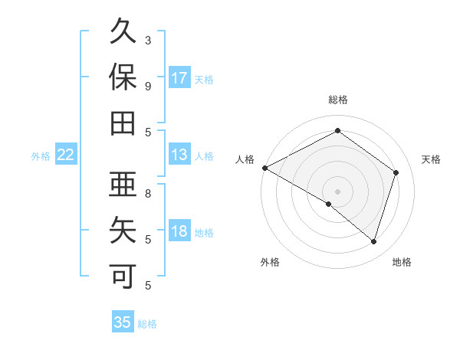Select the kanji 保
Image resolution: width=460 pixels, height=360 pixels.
click(x=123, y=78)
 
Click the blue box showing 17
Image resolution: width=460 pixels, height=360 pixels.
click(x=179, y=78)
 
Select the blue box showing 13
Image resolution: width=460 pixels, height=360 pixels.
click(x=179, y=155)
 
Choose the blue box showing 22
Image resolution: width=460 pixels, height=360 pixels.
click(x=66, y=155)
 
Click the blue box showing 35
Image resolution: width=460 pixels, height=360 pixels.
click(x=123, y=322)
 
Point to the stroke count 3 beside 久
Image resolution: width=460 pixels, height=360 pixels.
click(x=147, y=39)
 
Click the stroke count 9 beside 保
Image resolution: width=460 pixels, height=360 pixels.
click(x=147, y=85)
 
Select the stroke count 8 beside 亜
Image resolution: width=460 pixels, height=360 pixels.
click(x=147, y=194)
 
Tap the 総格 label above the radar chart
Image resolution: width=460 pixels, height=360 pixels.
click(x=338, y=100)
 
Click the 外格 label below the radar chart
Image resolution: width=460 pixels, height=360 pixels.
click(x=270, y=263)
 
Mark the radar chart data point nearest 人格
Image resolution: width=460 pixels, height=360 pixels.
click(x=264, y=168)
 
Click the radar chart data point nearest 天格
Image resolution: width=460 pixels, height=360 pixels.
click(x=396, y=172)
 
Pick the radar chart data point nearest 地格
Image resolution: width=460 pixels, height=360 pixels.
click(x=374, y=241)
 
